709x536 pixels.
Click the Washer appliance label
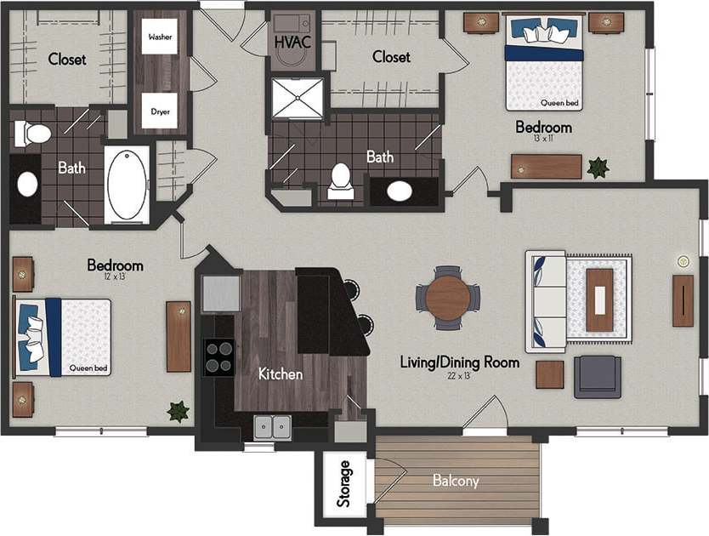(160, 37)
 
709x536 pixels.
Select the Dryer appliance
(160, 110)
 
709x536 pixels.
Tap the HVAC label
(292, 39)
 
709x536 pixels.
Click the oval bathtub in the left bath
(127, 185)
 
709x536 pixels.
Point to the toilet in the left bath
(35, 133)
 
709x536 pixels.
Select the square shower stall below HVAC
(298, 98)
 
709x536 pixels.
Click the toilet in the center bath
(341, 180)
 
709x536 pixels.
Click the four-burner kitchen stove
(218, 356)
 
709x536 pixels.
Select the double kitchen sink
(274, 426)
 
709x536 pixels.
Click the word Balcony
(456, 481)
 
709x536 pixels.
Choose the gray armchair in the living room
(597, 376)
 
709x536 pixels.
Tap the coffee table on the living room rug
(600, 299)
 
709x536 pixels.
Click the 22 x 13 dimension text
(459, 375)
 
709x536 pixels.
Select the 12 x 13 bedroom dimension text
(114, 278)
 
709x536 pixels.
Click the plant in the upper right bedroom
(598, 168)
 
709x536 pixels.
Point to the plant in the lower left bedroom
(178, 412)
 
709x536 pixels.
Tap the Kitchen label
(281, 373)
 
